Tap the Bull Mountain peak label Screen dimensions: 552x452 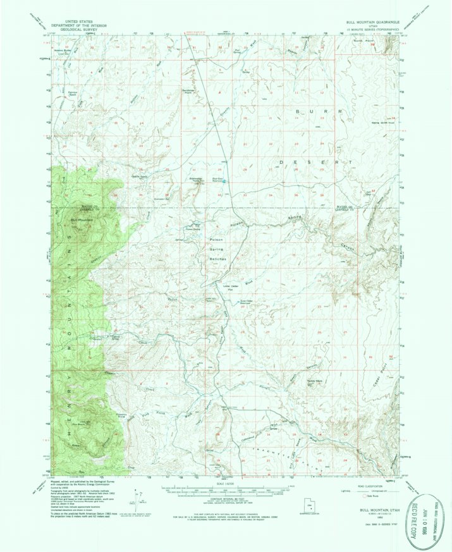click(x=81, y=219)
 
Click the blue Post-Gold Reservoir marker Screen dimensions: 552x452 click(x=222, y=182)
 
